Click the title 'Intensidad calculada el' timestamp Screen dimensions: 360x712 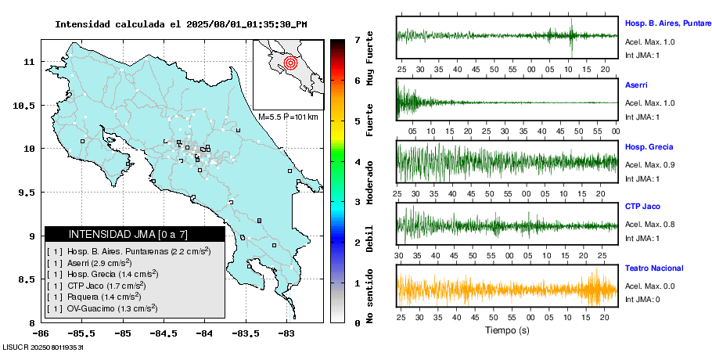(x=180, y=24)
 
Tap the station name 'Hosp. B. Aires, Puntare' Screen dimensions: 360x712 (x=667, y=23)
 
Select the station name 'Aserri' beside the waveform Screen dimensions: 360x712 (x=636, y=85)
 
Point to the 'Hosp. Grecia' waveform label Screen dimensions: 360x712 (x=649, y=146)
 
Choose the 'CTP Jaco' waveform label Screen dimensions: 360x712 (x=643, y=207)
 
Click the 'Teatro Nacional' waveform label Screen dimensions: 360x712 (x=654, y=268)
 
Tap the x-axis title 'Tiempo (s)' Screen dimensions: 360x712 (x=507, y=330)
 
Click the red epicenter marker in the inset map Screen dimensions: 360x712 (x=290, y=62)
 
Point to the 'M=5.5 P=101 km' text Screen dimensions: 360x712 (x=287, y=117)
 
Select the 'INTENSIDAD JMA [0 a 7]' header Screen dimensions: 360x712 (x=135, y=234)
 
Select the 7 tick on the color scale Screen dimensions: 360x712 (x=357, y=39)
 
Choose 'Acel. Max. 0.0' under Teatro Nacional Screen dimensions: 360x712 (x=649, y=288)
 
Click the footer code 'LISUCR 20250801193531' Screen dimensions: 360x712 (x=43, y=346)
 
